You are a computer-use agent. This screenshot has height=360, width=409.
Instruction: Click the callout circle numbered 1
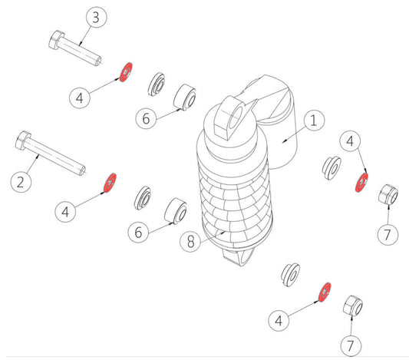pos(314,121)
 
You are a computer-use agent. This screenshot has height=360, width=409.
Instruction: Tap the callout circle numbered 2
pos(21,182)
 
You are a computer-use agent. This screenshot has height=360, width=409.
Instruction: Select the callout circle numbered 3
pos(96,17)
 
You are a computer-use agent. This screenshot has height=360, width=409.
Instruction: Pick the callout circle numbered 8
pos(190,242)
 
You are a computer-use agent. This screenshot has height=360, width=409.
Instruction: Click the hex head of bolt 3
pos(56,40)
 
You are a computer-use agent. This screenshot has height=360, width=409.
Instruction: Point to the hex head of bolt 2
pos(23,140)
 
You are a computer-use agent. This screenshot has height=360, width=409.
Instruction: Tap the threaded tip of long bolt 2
pos(82,170)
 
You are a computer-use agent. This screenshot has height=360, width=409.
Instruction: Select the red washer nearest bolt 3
pos(127,72)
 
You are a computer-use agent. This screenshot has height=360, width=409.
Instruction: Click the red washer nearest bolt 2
pos(110,183)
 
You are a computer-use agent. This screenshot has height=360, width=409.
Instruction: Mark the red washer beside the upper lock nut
pos(361,182)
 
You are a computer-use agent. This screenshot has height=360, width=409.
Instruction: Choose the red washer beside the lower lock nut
pos(325,292)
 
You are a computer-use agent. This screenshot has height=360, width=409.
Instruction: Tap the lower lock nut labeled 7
pos(353,306)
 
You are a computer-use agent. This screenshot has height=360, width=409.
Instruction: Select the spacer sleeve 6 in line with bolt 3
pos(185,97)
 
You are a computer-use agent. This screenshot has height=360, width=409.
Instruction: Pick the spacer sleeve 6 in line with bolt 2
pos(176,211)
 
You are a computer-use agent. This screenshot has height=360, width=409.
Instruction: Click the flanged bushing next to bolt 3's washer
pos(157,84)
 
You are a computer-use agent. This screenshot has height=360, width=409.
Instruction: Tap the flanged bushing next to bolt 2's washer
pos(143,198)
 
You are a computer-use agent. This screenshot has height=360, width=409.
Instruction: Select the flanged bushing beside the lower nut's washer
pos(291,275)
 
